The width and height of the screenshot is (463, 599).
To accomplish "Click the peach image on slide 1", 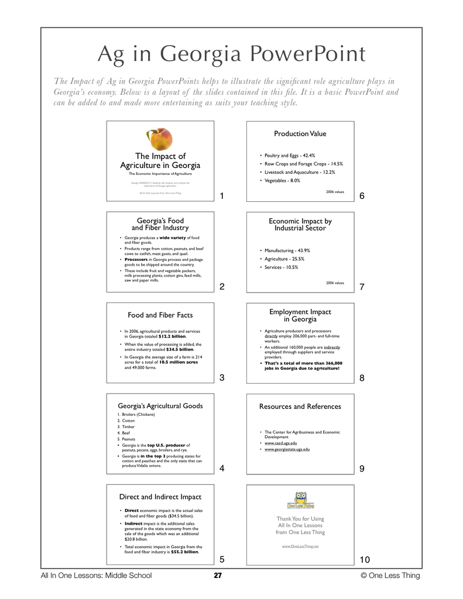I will click(x=159, y=139).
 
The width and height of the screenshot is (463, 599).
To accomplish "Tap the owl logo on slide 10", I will click(x=300, y=500).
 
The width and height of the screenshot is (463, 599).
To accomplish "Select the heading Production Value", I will click(x=300, y=134).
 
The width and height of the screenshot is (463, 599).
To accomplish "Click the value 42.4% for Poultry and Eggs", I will click(x=307, y=156).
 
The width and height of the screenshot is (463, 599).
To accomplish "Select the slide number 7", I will click(x=362, y=287).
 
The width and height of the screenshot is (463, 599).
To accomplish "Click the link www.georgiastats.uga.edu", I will click(x=287, y=449).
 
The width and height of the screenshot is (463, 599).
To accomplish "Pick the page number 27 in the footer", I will click(x=218, y=576).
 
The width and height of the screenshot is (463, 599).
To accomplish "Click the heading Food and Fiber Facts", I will click(x=160, y=315).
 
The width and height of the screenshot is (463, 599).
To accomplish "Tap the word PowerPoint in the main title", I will click(x=308, y=54).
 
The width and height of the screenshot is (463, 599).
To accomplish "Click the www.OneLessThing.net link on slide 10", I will click(x=300, y=546).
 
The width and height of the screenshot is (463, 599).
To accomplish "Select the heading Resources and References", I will click(x=300, y=407).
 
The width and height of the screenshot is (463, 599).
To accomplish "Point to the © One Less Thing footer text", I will click(x=390, y=576).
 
